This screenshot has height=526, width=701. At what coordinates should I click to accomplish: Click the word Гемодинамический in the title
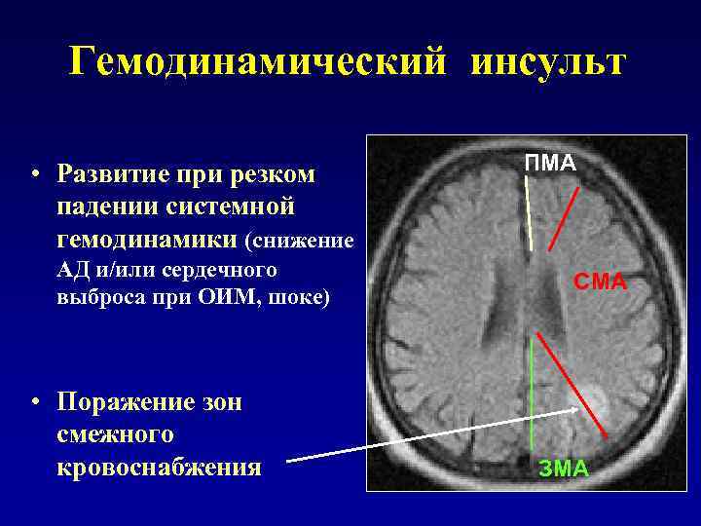click(260, 63)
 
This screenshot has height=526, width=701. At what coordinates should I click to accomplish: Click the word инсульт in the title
click(549, 63)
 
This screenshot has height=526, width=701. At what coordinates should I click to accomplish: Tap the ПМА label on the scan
click(550, 163)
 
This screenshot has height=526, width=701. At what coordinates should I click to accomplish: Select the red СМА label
click(600, 283)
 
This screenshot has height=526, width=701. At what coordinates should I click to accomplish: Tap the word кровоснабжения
click(159, 467)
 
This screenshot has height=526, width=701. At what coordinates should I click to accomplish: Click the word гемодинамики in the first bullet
click(148, 238)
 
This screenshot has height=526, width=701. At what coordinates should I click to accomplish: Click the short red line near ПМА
click(565, 216)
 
